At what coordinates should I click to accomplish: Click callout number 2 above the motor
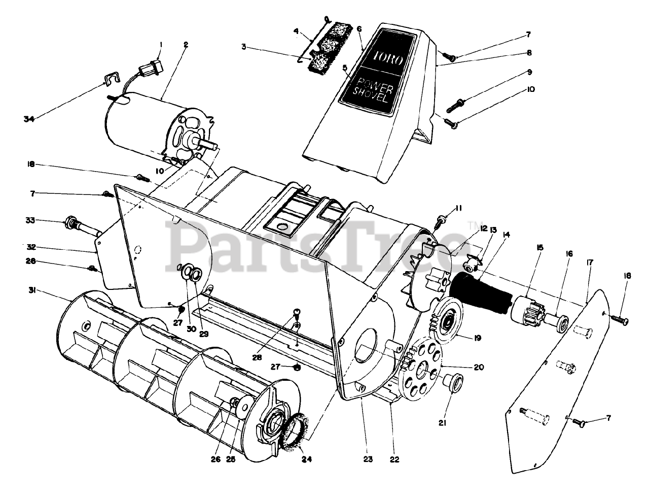click(186, 45)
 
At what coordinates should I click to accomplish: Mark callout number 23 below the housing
click(368, 459)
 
